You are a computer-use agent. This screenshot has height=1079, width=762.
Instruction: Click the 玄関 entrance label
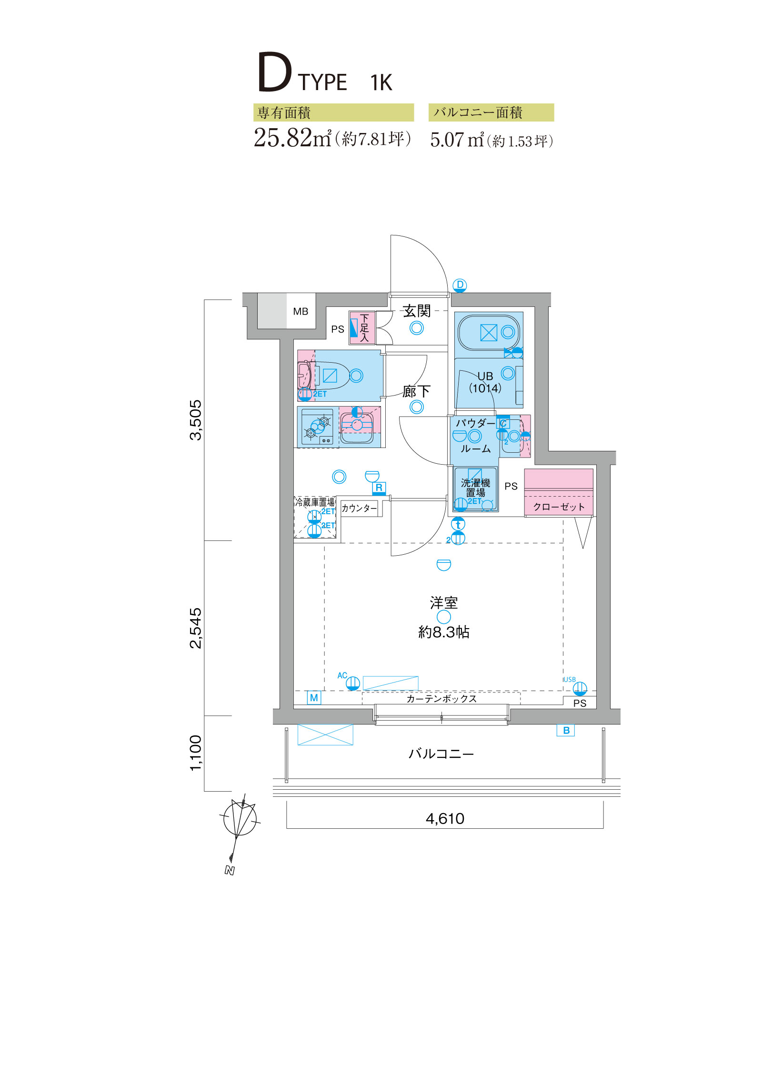(417, 311)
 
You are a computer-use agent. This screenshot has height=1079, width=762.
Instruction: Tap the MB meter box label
(301, 311)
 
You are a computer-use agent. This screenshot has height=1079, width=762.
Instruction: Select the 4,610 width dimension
(445, 818)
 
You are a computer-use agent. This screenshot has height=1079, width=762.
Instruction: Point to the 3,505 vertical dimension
(196, 420)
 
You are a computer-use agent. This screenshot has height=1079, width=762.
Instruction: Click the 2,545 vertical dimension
(196, 628)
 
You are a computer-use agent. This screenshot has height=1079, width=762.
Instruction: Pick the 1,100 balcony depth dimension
(196, 753)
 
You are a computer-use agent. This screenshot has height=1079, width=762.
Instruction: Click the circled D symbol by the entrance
(460, 285)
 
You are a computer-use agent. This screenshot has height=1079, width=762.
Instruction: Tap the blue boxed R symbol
(379, 488)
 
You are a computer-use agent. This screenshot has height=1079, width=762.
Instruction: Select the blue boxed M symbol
(314, 698)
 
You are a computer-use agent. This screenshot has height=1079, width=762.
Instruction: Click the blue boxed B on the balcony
(566, 730)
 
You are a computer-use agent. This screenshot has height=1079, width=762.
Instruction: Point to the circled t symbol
(458, 524)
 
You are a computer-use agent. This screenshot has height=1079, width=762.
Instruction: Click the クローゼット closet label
(559, 507)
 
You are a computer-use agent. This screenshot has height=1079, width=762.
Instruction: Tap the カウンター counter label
(359, 508)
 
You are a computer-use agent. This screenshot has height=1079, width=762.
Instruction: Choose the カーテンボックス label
(441, 698)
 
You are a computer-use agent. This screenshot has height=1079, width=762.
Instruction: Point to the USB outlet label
(570, 680)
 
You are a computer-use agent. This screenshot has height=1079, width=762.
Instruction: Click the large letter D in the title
(274, 72)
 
